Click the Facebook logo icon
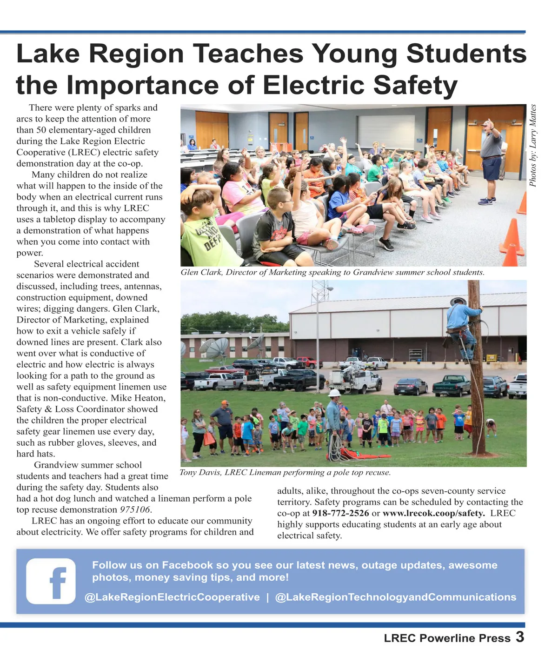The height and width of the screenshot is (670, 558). point(51,581)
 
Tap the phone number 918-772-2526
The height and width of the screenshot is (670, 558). point(340,513)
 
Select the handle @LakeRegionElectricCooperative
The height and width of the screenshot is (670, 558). point(172,597)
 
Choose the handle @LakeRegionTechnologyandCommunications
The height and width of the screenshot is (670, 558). point(396,597)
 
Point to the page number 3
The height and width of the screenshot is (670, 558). point(520,636)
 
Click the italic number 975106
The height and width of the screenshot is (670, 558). point(135,509)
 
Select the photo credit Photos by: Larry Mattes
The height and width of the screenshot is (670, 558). point(533,145)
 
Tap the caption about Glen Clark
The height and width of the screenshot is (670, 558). point(332,272)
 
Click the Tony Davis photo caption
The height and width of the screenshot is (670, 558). point(285,473)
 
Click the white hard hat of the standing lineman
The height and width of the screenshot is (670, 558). point(334,393)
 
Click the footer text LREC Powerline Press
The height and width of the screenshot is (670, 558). point(447,638)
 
